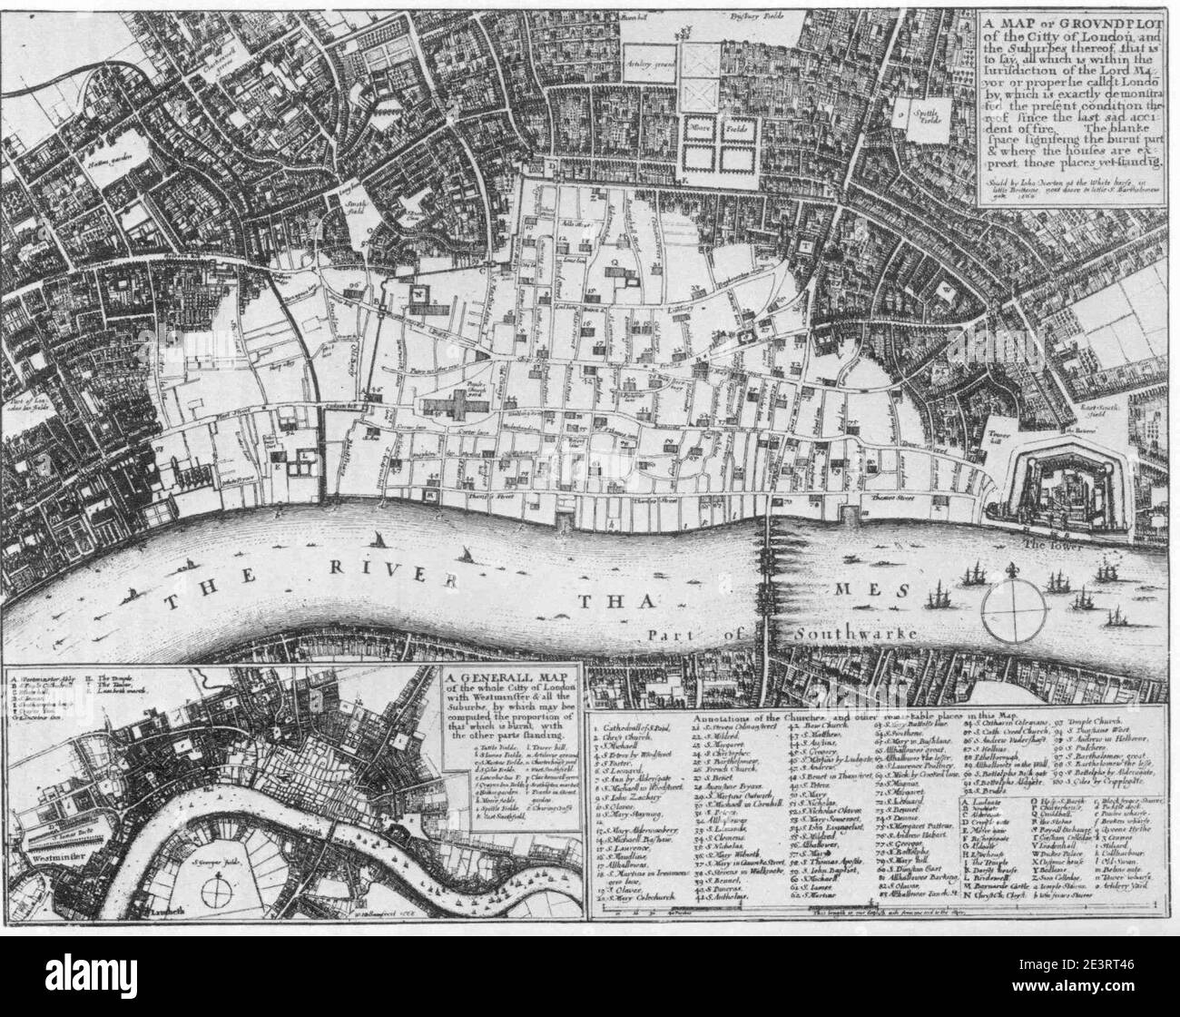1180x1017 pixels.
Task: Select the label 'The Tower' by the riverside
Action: tap(1053, 545)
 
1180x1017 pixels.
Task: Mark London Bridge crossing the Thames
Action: tap(770, 581)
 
